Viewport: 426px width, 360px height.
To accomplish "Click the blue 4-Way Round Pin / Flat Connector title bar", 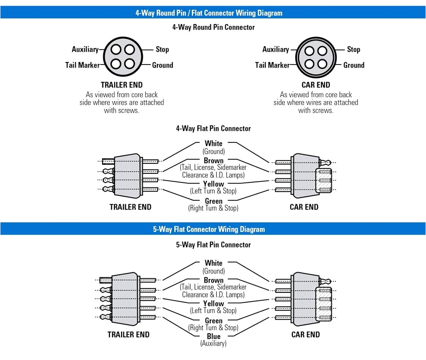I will point(213,12).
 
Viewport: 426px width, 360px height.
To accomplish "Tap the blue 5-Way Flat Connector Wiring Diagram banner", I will point(213,229).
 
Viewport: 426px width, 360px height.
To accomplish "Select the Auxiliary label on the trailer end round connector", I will point(85,49).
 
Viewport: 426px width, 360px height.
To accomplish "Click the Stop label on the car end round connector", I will point(353,49).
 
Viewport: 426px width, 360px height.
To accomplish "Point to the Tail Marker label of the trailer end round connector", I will point(82,65).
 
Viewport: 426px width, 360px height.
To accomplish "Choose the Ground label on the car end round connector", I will point(354,65).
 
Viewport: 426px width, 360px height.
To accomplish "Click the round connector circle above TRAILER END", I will point(122,57).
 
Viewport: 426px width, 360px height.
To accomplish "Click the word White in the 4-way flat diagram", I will point(213,143).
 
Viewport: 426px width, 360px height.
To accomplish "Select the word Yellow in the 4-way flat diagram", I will point(213,184).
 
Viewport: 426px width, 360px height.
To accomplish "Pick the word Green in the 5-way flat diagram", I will point(213,320).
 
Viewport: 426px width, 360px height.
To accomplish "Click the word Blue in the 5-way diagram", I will point(213,336).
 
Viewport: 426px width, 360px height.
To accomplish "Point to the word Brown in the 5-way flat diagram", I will point(213,280).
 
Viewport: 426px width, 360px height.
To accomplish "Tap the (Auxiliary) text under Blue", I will point(213,344).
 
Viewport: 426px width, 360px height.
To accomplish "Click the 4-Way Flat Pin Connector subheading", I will point(213,128).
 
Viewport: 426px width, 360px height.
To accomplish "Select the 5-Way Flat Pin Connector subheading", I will point(213,245).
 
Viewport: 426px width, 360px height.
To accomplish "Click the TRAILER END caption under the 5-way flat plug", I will point(128,335).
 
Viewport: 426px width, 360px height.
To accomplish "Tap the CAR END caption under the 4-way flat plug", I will point(304,207).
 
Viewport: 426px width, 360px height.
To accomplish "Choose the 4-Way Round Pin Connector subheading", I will point(213,27).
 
